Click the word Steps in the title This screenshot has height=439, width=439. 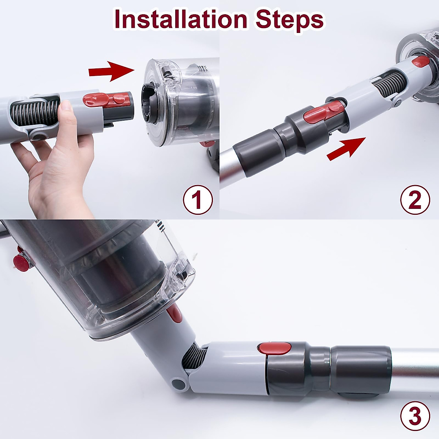[289, 22]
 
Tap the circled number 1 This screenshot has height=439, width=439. [198, 200]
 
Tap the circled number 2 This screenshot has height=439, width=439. [415, 200]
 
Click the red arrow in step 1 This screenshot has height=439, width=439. [112, 71]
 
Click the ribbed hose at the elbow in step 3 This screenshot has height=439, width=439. [194, 359]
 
